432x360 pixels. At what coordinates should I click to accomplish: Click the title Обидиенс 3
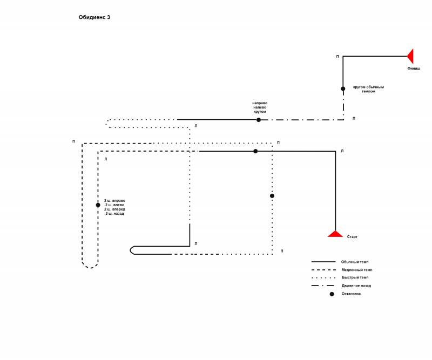click(94, 17)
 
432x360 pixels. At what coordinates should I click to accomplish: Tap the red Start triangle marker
click(335, 234)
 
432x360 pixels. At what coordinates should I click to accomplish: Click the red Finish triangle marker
click(410, 56)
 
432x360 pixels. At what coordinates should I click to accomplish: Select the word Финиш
click(414, 69)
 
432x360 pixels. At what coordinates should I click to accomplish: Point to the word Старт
click(352, 236)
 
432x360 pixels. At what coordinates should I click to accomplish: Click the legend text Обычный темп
click(355, 262)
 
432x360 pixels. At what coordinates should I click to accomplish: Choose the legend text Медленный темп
click(357, 270)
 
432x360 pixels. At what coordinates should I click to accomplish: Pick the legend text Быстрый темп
click(355, 277)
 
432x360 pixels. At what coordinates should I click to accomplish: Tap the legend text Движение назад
click(356, 286)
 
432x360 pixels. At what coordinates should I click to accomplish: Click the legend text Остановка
click(351, 294)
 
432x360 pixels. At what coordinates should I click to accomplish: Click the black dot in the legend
click(332, 294)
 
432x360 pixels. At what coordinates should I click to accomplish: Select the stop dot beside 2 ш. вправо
click(98, 205)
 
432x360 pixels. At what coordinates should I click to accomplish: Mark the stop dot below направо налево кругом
click(259, 120)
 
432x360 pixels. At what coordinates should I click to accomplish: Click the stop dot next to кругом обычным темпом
click(343, 89)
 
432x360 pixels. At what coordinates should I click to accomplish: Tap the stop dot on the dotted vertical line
click(272, 196)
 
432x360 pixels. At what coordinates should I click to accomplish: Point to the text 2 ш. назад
click(114, 214)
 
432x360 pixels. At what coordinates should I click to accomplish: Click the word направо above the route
click(260, 103)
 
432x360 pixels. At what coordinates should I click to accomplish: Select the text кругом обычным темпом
click(368, 89)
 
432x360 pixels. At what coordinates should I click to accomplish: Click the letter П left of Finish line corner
click(337, 57)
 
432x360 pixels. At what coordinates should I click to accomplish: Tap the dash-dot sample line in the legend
click(323, 286)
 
